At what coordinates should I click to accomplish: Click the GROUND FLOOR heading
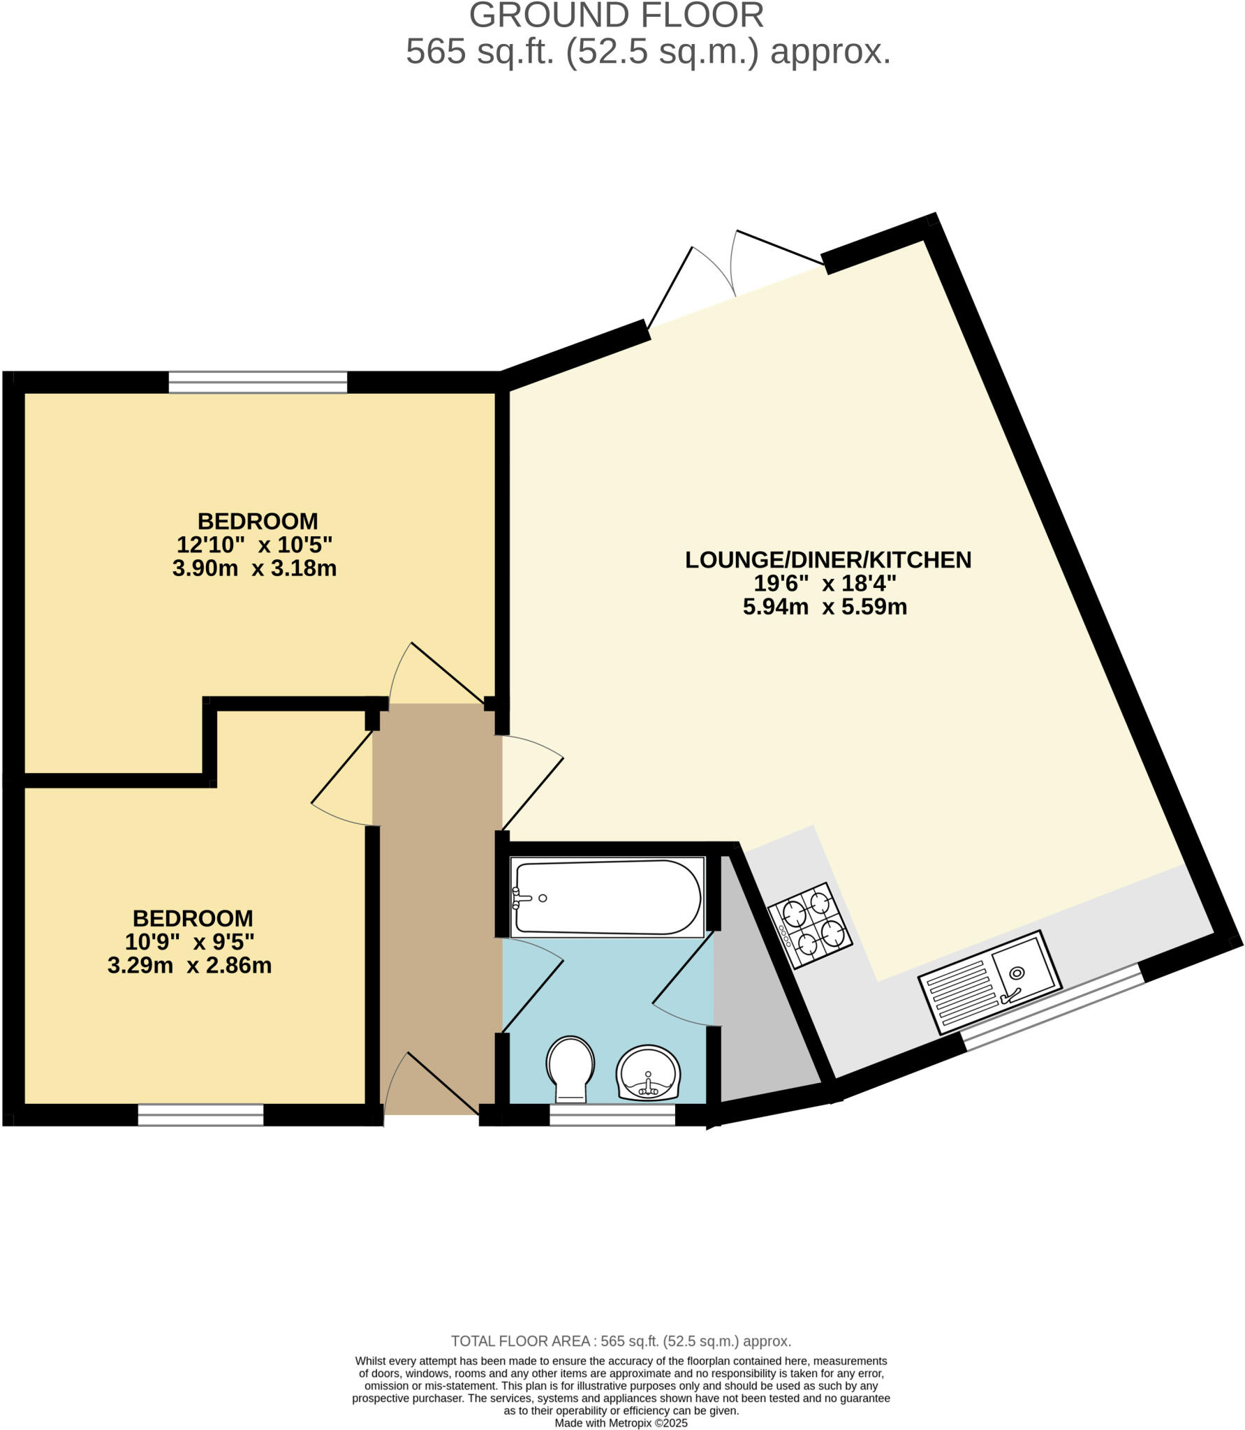click(x=616, y=15)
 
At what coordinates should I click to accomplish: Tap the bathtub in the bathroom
click(x=606, y=897)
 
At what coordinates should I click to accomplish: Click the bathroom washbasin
click(x=648, y=1072)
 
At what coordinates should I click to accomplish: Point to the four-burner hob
click(x=810, y=925)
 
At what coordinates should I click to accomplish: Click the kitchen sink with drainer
click(x=990, y=981)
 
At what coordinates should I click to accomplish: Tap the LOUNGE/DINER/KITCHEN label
click(x=827, y=559)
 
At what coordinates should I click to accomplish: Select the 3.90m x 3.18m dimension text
click(x=254, y=568)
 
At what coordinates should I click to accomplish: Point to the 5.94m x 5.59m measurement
click(x=825, y=607)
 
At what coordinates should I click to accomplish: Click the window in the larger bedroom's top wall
click(x=258, y=382)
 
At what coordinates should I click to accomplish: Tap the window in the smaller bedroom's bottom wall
click(x=200, y=1114)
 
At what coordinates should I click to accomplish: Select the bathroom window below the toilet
click(x=612, y=1114)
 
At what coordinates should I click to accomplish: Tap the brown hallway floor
click(x=436, y=908)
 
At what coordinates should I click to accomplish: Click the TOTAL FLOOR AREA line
click(x=621, y=1341)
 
